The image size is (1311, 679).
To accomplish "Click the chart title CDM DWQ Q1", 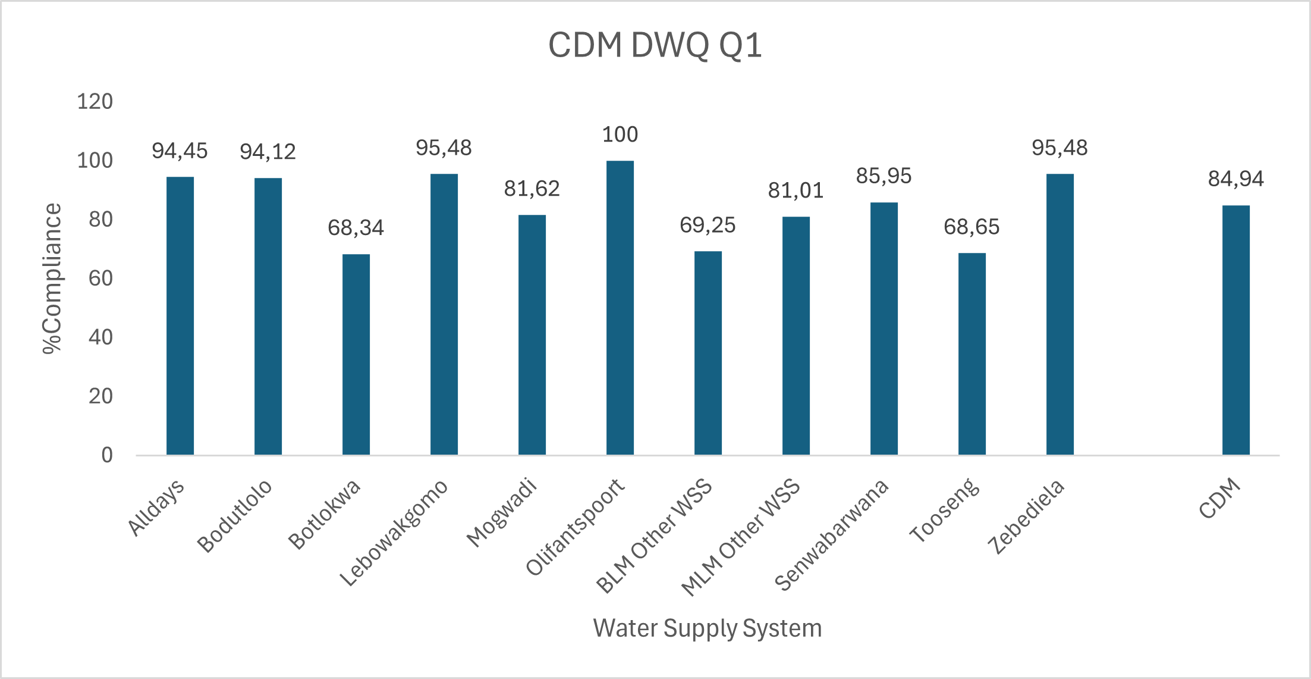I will [655, 45].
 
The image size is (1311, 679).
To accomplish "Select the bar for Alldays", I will [180, 315].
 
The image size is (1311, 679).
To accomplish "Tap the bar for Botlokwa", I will [356, 354].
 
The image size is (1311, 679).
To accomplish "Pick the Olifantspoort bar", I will [620, 308].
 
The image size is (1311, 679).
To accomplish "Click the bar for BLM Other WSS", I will [708, 353].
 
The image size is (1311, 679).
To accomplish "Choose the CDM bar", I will [1236, 330].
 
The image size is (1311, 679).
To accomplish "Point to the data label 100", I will [620, 134].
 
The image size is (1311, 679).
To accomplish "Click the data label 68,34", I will [356, 228].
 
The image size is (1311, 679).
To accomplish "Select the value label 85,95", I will [884, 176].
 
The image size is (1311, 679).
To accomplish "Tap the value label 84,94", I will [1236, 179].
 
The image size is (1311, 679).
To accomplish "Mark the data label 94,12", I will [268, 152].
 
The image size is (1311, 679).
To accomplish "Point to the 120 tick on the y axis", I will [95, 102].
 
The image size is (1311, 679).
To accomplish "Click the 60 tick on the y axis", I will [100, 279].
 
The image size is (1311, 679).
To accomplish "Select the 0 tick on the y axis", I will [107, 455].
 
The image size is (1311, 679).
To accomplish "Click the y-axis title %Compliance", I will [52, 279].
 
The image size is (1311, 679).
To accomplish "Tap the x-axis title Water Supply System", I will [708, 628].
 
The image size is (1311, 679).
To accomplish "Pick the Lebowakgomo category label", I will [394, 532].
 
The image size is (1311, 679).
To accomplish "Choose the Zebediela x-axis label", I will [1026, 517].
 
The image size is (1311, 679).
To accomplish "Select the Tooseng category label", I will [944, 511].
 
